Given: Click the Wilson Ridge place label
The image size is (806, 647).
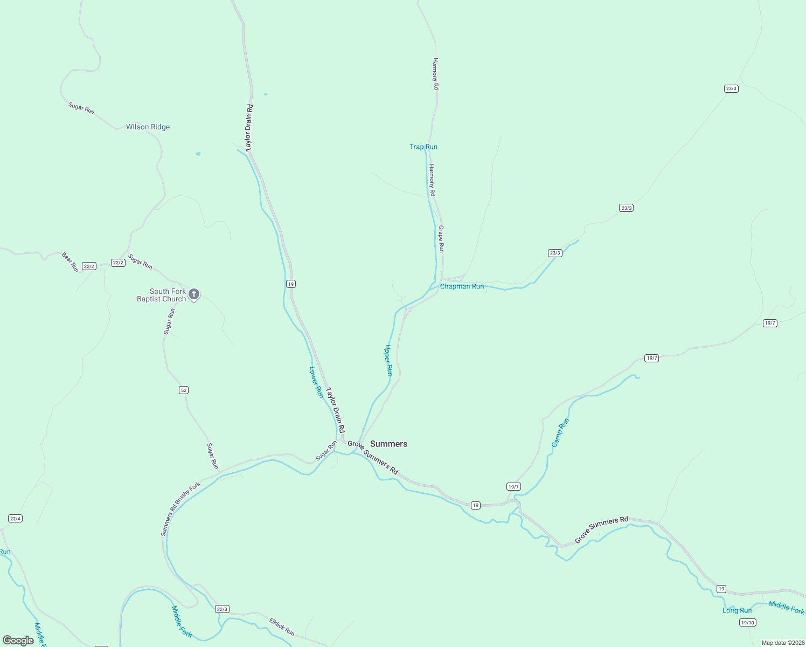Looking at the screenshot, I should pos(148,127).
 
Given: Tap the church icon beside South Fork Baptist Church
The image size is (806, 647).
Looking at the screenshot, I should pos(194,294).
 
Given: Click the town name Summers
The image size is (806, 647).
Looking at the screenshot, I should pos(388,444).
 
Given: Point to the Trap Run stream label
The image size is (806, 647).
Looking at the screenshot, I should pos(423,147).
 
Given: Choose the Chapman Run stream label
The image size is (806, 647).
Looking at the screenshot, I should pos(462,286).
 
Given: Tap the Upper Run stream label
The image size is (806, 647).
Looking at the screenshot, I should pos(388,360).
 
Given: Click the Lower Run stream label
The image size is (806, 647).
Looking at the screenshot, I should pos(316,382).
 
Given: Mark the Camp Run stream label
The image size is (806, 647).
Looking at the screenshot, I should pos(560,433).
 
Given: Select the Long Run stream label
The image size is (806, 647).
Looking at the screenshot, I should pos(736,611).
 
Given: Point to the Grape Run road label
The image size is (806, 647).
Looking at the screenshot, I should pos(441,239).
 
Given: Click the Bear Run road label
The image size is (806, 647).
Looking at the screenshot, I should pos(70,262).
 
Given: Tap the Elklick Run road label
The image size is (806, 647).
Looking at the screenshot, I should pos(282,627).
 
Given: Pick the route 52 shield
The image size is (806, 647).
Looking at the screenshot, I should pos(184,390).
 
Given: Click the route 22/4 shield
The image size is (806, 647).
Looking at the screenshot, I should pos(15,519).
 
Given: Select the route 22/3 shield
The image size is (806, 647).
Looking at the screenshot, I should pos(222,609).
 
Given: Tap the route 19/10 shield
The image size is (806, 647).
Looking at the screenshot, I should pos(748,623).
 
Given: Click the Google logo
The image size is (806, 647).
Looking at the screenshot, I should pos(18,641).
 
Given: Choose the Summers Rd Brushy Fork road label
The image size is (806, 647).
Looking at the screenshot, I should pos(180,508).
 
